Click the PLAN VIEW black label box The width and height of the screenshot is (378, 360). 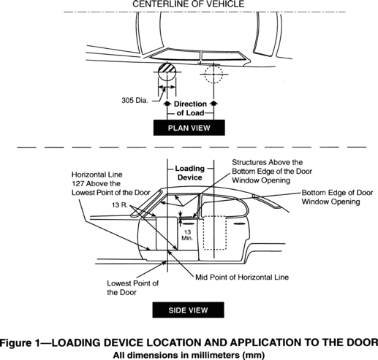tap(189, 128)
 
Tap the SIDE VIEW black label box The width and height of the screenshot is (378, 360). tap(188, 310)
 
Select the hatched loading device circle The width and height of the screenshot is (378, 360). tap(167, 72)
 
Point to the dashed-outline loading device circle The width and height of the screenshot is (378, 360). tap(213, 74)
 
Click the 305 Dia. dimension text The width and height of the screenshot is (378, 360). tap(135, 100)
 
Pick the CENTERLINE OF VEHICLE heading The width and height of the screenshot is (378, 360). tap(188, 4)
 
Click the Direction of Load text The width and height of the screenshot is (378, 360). tap(190, 109)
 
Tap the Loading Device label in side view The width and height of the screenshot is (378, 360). tap(189, 173)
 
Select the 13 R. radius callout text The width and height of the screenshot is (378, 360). tap(120, 205)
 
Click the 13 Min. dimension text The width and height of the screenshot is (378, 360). tap(187, 235)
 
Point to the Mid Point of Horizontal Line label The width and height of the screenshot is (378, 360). tap(242, 277)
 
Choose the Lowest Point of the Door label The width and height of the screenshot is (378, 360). tap(133, 288)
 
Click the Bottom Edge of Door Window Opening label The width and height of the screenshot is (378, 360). tap(337, 197)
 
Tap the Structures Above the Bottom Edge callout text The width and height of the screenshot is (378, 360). tap(272, 172)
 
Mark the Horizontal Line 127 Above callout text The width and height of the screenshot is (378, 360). tap(110, 183)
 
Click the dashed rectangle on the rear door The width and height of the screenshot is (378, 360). tap(215, 233)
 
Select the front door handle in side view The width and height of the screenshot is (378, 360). tap(189, 223)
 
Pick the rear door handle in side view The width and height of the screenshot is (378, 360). tap(239, 223)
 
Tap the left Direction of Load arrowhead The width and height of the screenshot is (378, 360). tap(167, 103)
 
